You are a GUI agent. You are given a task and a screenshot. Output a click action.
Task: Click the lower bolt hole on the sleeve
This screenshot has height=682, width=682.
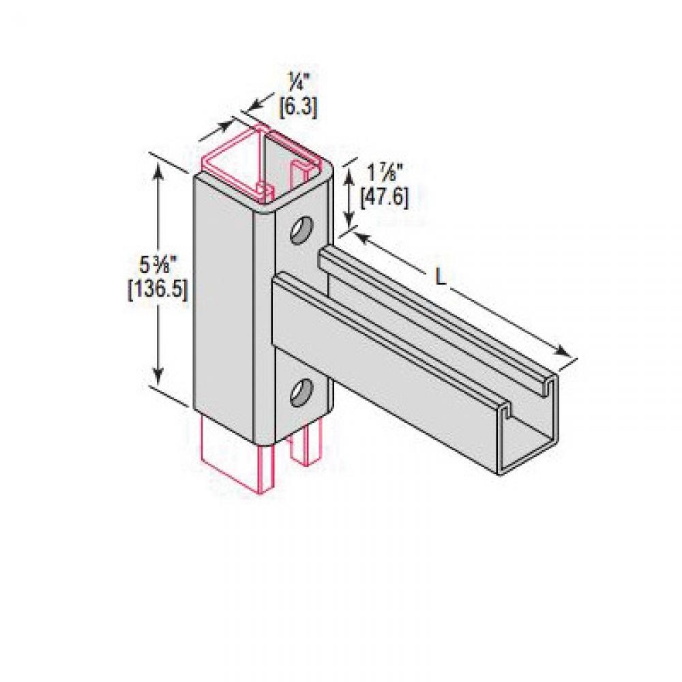tap(301, 394)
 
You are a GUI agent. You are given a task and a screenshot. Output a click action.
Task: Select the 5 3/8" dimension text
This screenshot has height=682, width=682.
tap(158, 263)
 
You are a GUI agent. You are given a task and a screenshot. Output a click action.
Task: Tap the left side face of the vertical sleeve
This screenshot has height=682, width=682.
tap(225, 300)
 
